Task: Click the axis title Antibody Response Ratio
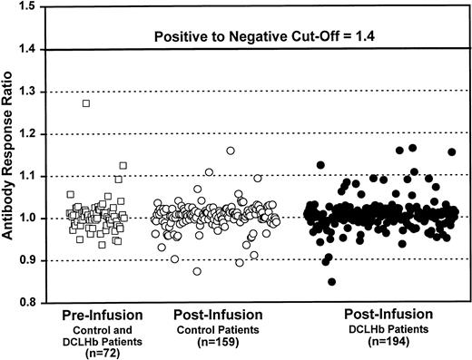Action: point(11,154)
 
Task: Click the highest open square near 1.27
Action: point(86,103)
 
